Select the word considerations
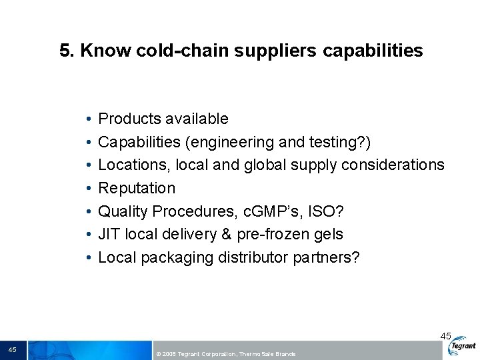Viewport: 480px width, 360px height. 393,165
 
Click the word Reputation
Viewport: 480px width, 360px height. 137,188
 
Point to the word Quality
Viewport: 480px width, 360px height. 123,211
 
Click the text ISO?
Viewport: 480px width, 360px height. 326,211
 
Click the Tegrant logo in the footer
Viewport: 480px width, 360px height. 463,347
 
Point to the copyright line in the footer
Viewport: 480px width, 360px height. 225,353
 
